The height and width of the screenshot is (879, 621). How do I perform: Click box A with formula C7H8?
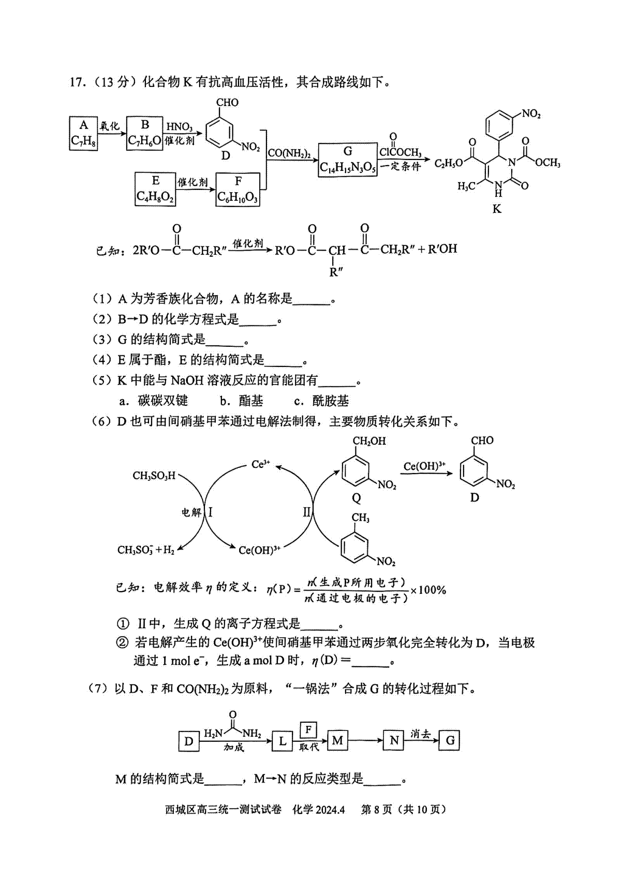click(x=83, y=134)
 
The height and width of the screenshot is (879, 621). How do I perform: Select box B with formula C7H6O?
click(x=145, y=134)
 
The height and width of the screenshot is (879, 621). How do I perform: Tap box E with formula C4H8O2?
click(x=155, y=189)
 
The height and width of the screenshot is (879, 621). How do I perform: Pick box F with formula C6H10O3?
click(x=238, y=189)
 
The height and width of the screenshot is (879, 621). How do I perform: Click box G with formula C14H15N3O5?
click(x=348, y=160)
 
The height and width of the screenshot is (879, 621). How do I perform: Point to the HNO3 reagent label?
click(x=179, y=127)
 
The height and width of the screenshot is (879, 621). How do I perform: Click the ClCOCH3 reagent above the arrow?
click(x=400, y=152)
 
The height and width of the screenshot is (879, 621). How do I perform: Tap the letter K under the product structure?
click(x=497, y=209)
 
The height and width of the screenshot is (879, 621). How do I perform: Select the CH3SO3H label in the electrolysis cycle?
click(x=154, y=476)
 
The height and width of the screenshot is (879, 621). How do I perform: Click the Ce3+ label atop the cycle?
click(x=260, y=464)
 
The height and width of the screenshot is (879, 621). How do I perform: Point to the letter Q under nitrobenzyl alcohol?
click(x=356, y=499)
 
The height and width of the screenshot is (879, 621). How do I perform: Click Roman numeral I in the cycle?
click(x=211, y=511)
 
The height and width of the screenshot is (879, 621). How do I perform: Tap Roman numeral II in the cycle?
click(x=306, y=511)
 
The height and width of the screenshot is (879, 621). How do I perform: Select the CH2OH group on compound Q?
click(x=369, y=441)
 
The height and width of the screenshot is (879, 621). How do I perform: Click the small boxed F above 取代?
click(x=308, y=730)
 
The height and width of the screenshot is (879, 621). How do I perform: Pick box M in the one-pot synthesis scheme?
click(x=337, y=740)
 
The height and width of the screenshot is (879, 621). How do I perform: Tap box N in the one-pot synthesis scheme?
click(x=394, y=740)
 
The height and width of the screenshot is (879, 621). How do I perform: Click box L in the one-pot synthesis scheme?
click(x=283, y=741)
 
